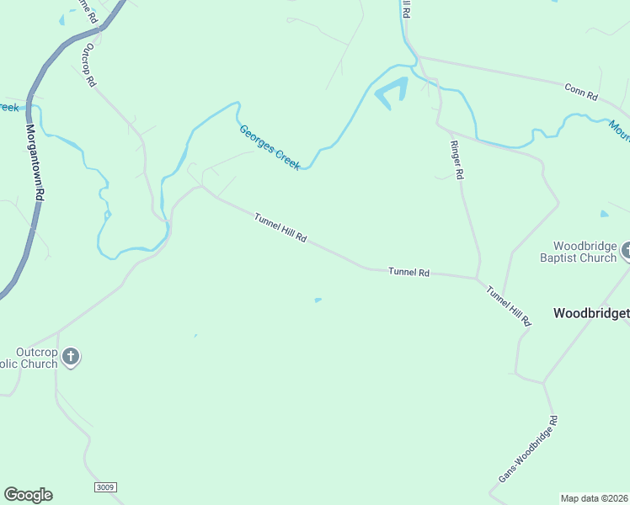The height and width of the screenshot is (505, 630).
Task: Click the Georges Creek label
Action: [x=270, y=147]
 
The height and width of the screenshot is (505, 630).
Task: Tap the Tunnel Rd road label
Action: [x=409, y=273]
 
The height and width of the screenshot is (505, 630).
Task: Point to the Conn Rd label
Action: [x=580, y=91]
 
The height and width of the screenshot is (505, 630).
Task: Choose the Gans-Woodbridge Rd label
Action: [x=528, y=449]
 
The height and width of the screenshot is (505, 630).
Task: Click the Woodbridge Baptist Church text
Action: [x=579, y=252]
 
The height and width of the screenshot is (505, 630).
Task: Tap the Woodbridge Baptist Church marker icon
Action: [x=626, y=251]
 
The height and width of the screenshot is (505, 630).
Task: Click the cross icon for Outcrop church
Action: [x=72, y=357]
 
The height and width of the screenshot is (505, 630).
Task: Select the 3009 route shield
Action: [x=105, y=487]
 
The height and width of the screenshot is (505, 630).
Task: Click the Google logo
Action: [x=28, y=495]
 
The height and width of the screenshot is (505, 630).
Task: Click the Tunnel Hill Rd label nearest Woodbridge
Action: [x=510, y=305]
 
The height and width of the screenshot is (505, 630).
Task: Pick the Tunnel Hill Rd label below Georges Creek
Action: [x=280, y=228]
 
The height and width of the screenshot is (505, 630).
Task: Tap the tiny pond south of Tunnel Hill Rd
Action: [x=318, y=300]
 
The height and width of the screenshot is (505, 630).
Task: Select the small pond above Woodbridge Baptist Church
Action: [x=604, y=214]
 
